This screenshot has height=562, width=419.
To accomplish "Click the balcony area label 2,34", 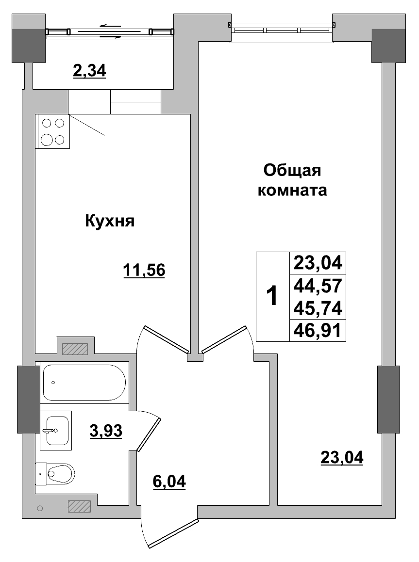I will tap(89, 71).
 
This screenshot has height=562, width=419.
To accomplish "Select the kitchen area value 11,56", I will tap(145, 271).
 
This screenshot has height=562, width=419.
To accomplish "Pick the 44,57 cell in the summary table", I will tap(318, 286).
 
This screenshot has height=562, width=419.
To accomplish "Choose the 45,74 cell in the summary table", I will tap(318, 308).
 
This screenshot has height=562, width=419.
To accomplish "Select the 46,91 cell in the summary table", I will tap(318, 330).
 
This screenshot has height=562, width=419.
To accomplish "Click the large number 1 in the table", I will tap(273, 296).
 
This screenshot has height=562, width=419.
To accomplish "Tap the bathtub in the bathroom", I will tap(84, 383).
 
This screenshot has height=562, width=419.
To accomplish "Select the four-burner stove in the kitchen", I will tap(53, 131).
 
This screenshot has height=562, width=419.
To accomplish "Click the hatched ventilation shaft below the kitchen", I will tap(75, 349).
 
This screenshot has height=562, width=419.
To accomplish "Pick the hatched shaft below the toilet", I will tap(80, 506).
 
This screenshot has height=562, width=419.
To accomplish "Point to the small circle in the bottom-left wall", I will tap(40, 508).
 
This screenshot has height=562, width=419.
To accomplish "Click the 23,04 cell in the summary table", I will tap(318, 263).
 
